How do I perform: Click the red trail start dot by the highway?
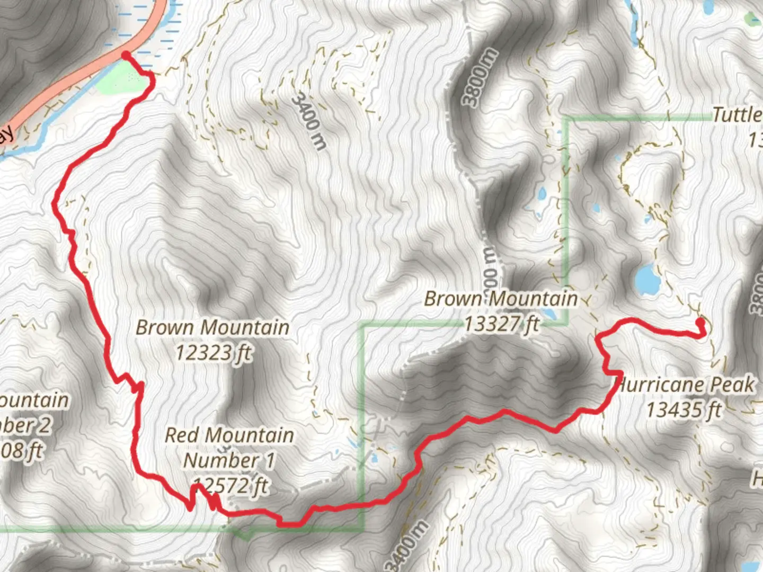(126, 55)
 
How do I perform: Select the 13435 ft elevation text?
(684, 409)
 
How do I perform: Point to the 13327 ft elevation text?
(501, 323)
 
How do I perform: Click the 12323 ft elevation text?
(213, 352)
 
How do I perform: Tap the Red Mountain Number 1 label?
(229, 448)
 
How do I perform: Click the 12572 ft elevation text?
(231, 486)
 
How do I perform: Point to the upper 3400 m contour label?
(309, 121)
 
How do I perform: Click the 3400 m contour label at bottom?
(407, 546)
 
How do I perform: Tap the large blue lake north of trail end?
(647, 280)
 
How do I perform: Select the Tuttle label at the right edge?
(737, 114)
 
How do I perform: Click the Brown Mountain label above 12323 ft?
(212, 327)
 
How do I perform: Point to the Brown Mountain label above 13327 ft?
(501, 299)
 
